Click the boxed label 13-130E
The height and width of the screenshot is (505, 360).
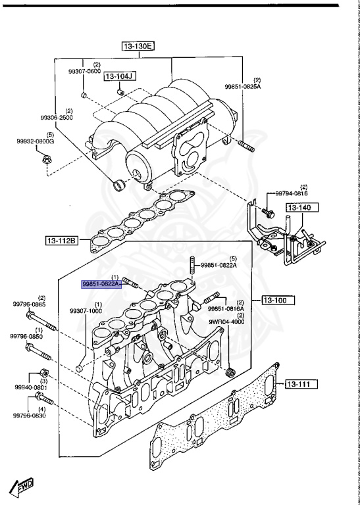click(138, 47)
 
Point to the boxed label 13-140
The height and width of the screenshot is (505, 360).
click(302, 207)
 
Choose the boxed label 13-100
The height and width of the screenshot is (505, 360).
click(278, 300)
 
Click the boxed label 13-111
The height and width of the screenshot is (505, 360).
click(301, 384)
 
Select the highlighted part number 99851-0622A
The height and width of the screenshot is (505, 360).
click(101, 284)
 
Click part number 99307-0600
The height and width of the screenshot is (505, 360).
click(84, 71)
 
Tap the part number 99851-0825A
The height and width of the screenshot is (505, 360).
click(242, 86)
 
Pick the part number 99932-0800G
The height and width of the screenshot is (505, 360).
click(36, 141)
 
